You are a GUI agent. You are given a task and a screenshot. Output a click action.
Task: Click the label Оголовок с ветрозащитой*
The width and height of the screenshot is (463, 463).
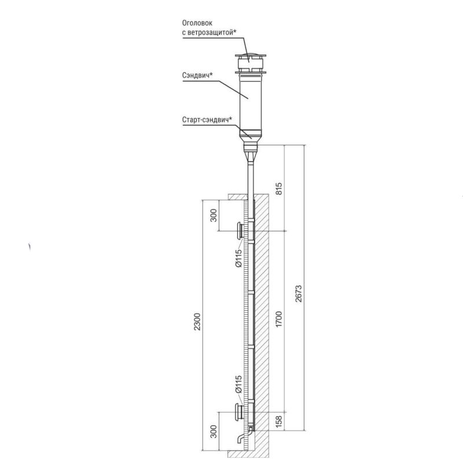coord(209,28)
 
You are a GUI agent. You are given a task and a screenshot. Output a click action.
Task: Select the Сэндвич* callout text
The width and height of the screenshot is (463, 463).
coord(197,75)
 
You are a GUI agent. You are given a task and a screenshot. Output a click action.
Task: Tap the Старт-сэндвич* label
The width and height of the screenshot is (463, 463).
coord(207,120)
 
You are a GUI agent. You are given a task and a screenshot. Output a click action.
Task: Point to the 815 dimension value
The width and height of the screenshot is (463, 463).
coord(278,189)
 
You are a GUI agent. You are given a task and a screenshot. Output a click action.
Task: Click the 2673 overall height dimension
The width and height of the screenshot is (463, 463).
coord(299,293)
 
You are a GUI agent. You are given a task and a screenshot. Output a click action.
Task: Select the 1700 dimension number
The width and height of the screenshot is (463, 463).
coord(278,319)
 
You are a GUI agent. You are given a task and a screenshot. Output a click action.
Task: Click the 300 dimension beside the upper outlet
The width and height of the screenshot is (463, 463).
coord(214,215)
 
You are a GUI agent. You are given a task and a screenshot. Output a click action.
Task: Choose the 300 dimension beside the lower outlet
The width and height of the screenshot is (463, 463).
coord(214,431)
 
